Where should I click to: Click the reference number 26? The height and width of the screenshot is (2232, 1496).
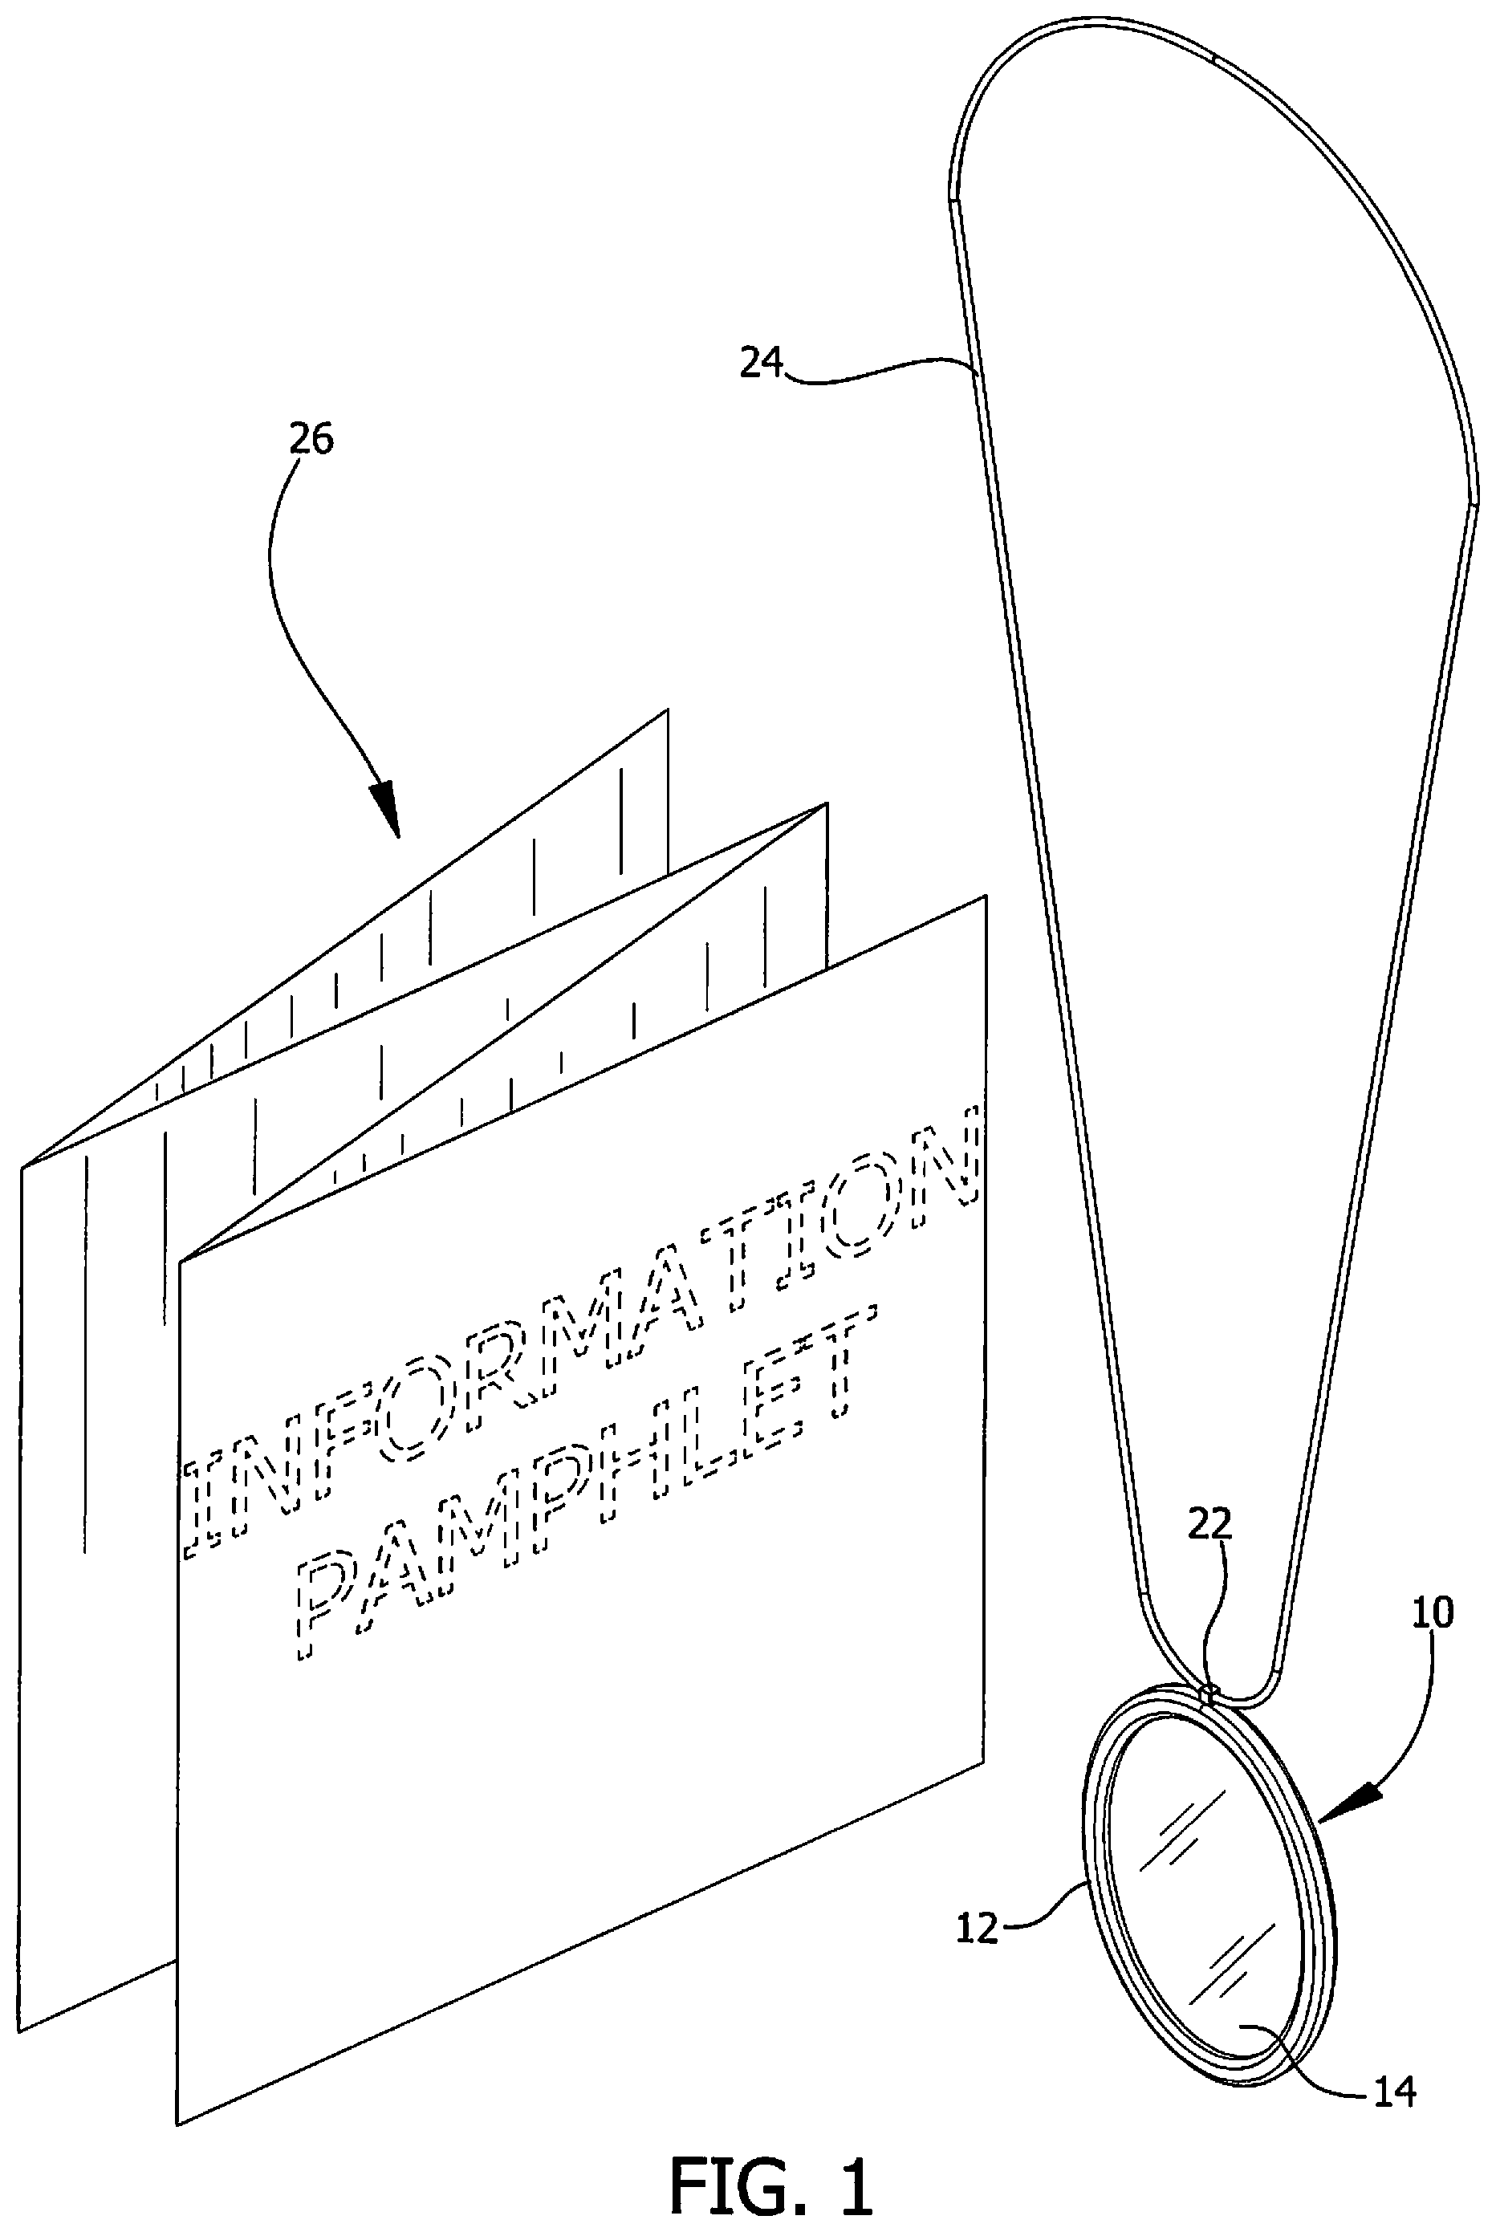click(312, 440)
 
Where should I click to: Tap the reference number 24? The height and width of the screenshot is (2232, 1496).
click(762, 364)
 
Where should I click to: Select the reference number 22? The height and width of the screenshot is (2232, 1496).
click(1209, 1524)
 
